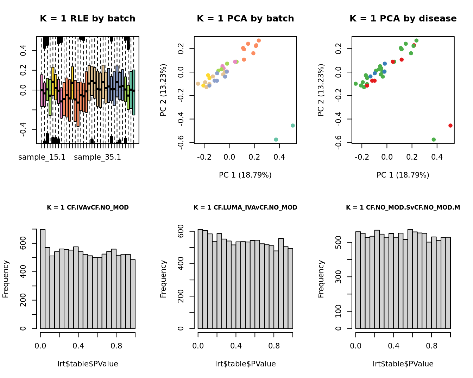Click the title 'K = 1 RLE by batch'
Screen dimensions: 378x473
(x=88, y=19)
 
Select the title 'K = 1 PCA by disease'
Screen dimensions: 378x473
(x=403, y=19)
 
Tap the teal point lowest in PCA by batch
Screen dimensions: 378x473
(x=276, y=140)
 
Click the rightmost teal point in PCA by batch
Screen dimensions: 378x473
(x=293, y=126)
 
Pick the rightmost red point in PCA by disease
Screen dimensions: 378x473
(x=450, y=126)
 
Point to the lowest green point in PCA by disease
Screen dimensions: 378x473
(x=434, y=140)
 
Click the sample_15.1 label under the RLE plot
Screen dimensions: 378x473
(x=42, y=157)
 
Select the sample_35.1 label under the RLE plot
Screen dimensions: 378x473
(x=97, y=157)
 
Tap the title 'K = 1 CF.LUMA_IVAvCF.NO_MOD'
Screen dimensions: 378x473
(x=245, y=207)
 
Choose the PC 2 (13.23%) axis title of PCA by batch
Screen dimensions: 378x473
(x=163, y=90)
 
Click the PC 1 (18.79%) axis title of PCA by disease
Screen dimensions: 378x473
(x=403, y=175)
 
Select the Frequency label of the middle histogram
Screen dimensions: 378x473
(x=163, y=279)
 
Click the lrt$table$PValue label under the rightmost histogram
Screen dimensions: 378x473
(x=403, y=364)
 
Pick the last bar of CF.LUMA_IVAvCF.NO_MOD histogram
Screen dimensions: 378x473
(x=290, y=288)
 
